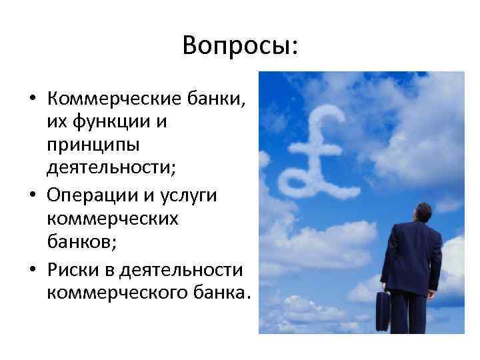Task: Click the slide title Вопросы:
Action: tap(240, 46)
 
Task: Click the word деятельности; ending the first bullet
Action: tap(111, 167)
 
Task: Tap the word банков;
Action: tap(81, 241)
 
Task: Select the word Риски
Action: tap(69, 271)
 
